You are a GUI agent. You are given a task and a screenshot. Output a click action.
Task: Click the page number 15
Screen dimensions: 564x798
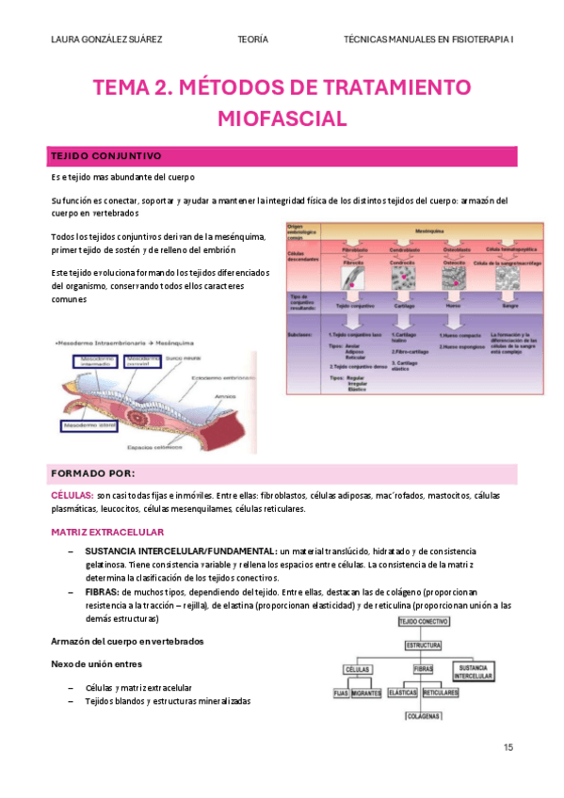coord(508,747)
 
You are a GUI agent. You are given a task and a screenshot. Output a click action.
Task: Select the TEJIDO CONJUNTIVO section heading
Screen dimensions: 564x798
coord(106,155)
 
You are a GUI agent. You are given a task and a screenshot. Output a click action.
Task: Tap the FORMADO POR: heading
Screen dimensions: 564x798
coord(92,472)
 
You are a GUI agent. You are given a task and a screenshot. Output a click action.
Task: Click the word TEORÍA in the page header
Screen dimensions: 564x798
coord(253,40)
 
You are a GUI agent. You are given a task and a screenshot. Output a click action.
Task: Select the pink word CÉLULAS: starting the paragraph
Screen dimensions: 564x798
coord(72,495)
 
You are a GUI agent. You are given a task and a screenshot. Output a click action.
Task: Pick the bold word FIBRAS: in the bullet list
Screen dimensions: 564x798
coord(101,592)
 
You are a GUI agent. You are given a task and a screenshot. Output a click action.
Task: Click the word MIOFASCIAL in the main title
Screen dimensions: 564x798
coord(282,119)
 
